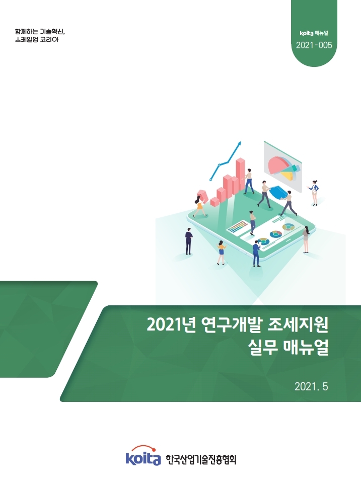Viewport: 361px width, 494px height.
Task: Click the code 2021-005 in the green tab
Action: coord(314,45)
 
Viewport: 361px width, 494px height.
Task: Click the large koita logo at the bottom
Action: coord(142,457)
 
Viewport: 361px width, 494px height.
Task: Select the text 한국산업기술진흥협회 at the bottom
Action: coord(200,459)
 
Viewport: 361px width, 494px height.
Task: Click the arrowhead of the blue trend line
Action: coord(239,143)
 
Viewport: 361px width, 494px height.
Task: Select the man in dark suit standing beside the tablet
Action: coord(189,241)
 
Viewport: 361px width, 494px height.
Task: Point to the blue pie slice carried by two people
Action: coord(276,192)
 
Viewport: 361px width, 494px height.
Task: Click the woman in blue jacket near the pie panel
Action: coord(315,192)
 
